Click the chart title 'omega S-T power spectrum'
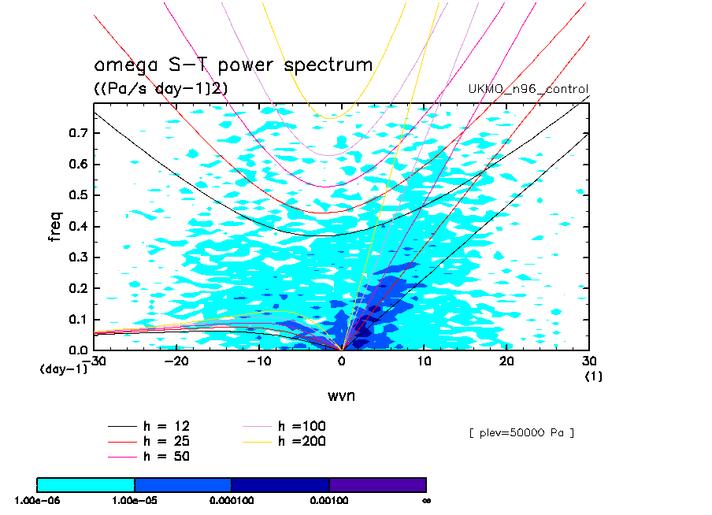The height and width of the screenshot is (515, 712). pos(233,65)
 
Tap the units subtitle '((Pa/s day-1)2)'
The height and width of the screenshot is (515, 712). pos(161,89)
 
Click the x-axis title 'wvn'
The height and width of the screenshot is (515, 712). pos(341,395)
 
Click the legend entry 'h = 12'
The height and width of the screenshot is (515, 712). pos(166,426)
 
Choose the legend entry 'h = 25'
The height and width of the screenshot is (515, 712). pos(166,441)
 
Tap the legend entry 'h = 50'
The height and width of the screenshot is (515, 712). pos(166,456)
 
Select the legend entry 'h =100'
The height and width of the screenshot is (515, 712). pos(302,426)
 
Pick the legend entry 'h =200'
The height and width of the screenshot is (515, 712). pos(302,441)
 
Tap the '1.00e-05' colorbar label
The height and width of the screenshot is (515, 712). pos(135,500)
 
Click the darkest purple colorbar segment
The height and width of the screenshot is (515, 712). pos(377,484)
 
